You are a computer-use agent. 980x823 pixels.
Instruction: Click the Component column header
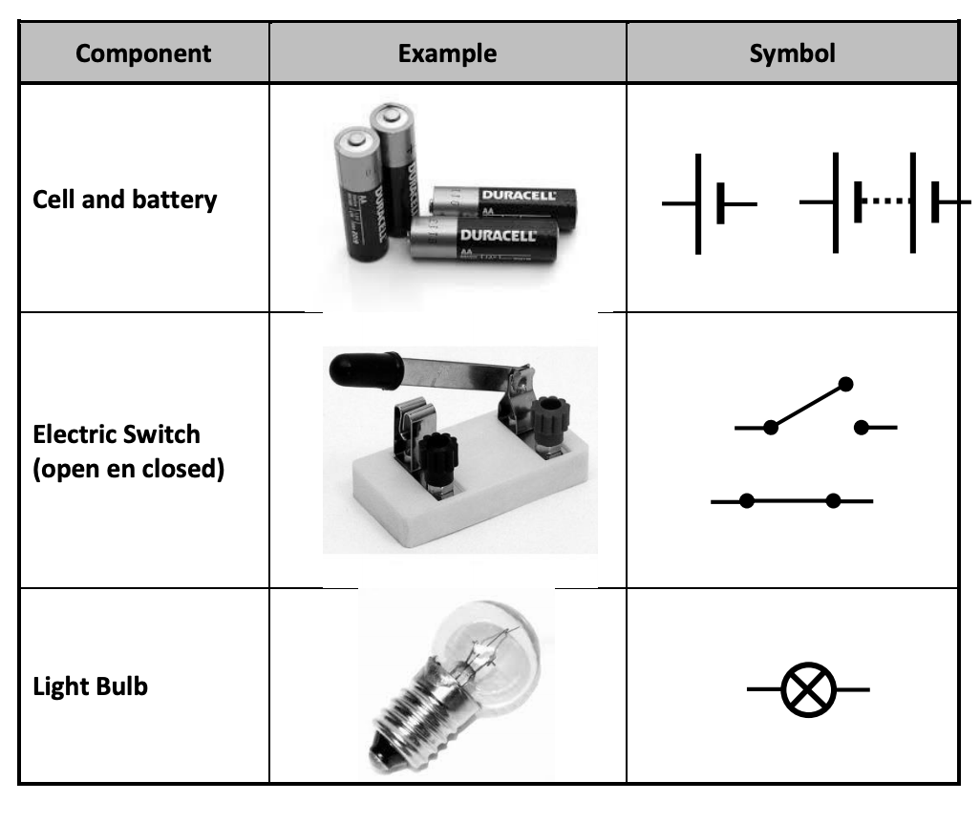pos(143,53)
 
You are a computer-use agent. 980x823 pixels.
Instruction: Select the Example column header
pos(447,53)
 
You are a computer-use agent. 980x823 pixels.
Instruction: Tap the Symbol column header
pos(792,53)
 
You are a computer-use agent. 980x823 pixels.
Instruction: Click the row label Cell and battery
pos(124,200)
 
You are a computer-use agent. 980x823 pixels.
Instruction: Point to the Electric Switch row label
pos(117,434)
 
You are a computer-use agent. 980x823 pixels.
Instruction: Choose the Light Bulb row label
pos(90,686)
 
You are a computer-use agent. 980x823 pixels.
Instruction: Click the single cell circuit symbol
pos(709,203)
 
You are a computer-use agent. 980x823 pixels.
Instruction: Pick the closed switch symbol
pos(791,500)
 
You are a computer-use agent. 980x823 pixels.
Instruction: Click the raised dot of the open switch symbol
pos(844,384)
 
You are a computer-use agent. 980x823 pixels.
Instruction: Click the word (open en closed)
pos(129,470)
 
